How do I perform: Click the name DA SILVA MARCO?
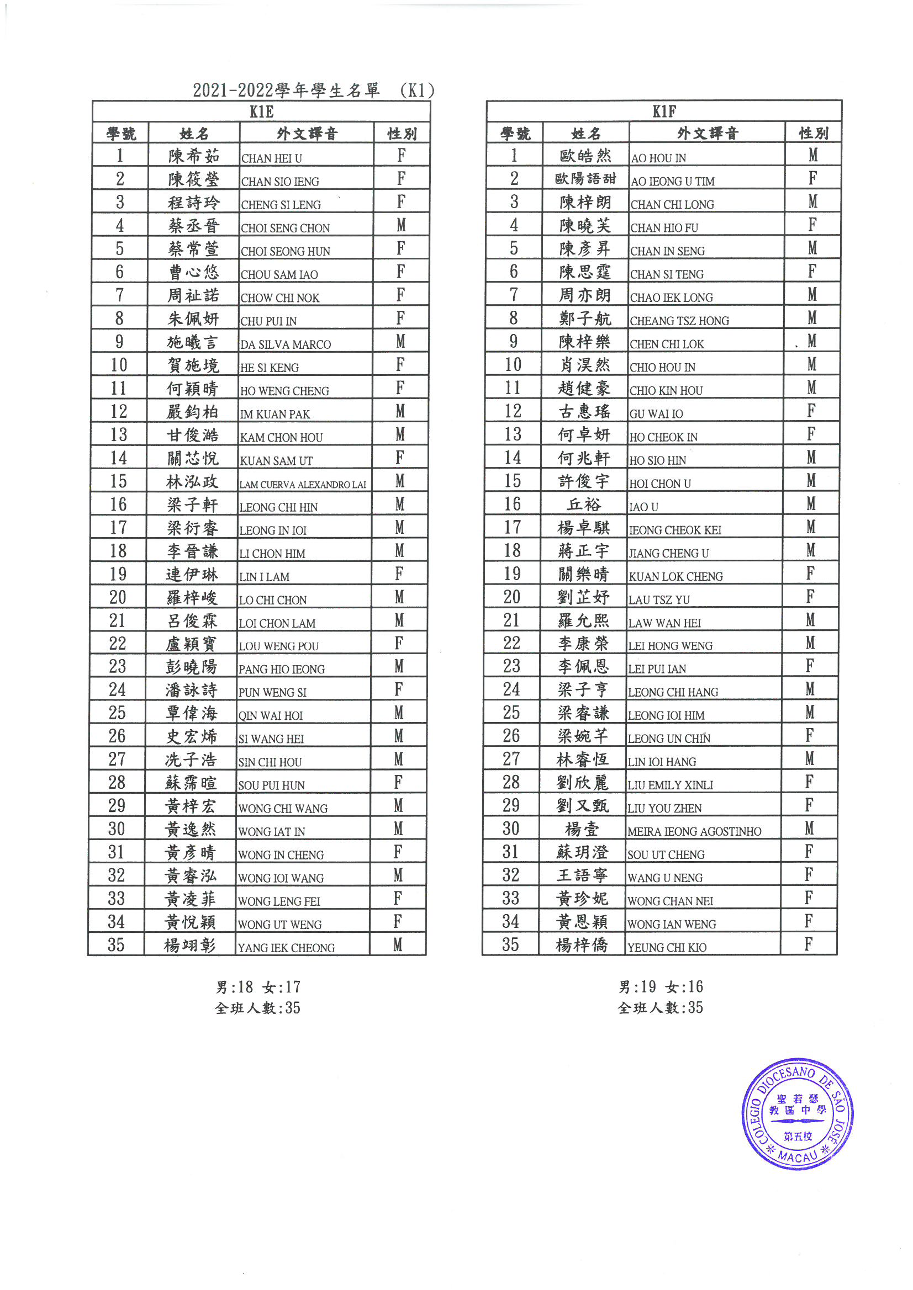(x=285, y=344)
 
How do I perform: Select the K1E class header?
(x=261, y=112)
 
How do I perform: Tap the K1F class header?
(x=664, y=112)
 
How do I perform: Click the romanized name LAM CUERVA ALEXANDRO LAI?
(x=303, y=484)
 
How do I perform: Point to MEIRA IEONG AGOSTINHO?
(x=694, y=831)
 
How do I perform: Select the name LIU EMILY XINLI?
(x=670, y=785)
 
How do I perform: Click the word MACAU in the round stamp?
(x=798, y=1158)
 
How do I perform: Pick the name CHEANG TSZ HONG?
(x=679, y=321)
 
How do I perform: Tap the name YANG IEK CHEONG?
(x=286, y=948)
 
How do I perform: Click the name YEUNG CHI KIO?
(x=667, y=947)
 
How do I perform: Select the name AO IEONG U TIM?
(x=672, y=182)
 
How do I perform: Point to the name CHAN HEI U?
(x=272, y=158)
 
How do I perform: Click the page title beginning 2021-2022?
(x=313, y=90)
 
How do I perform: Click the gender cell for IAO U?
(x=811, y=504)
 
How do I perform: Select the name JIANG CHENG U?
(x=668, y=554)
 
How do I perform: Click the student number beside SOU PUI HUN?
(x=117, y=782)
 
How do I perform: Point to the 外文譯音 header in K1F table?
(x=706, y=133)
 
